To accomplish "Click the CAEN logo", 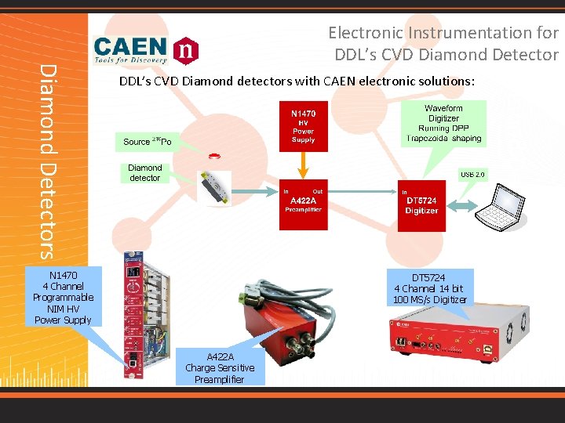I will point(146,49).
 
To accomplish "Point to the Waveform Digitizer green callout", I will point(443,123).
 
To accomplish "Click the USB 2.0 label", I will point(472,174).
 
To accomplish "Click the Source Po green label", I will point(148,141).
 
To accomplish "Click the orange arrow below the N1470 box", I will point(303,166).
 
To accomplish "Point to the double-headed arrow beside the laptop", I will point(464,206).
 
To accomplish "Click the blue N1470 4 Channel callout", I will point(63,297).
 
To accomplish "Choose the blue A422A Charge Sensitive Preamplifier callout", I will point(220,367).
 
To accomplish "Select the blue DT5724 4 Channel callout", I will point(429,289).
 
